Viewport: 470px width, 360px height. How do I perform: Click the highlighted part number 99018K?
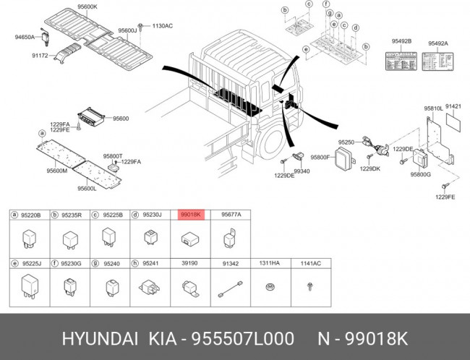(192, 215)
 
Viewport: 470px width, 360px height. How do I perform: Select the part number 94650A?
(26, 36)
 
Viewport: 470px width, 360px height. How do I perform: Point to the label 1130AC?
(162, 26)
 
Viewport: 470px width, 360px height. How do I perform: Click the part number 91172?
(40, 53)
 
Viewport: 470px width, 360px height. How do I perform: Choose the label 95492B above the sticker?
(401, 42)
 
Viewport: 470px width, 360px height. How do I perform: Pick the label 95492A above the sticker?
(437, 42)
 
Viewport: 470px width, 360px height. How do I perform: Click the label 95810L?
(433, 108)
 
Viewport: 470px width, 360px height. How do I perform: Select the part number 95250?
(348, 143)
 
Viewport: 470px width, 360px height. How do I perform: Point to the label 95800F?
(320, 156)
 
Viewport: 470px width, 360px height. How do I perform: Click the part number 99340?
(302, 171)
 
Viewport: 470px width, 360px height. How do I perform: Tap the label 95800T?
(113, 155)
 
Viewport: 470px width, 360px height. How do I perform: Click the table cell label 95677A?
(231, 215)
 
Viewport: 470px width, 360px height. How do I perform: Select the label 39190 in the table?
(189, 264)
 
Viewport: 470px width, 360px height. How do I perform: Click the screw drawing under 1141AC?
(309, 287)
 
